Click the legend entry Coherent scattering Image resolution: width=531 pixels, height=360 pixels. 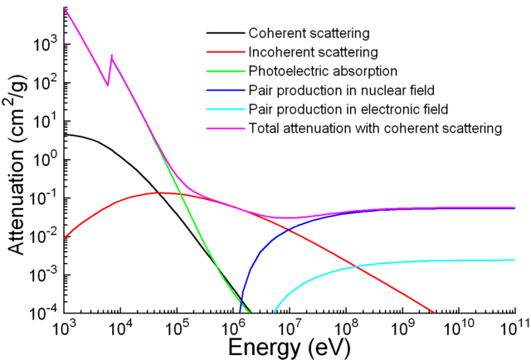click(309, 34)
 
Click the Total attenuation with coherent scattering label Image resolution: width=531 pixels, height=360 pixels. click(375, 129)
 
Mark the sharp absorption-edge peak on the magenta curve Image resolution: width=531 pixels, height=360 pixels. click(112, 56)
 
